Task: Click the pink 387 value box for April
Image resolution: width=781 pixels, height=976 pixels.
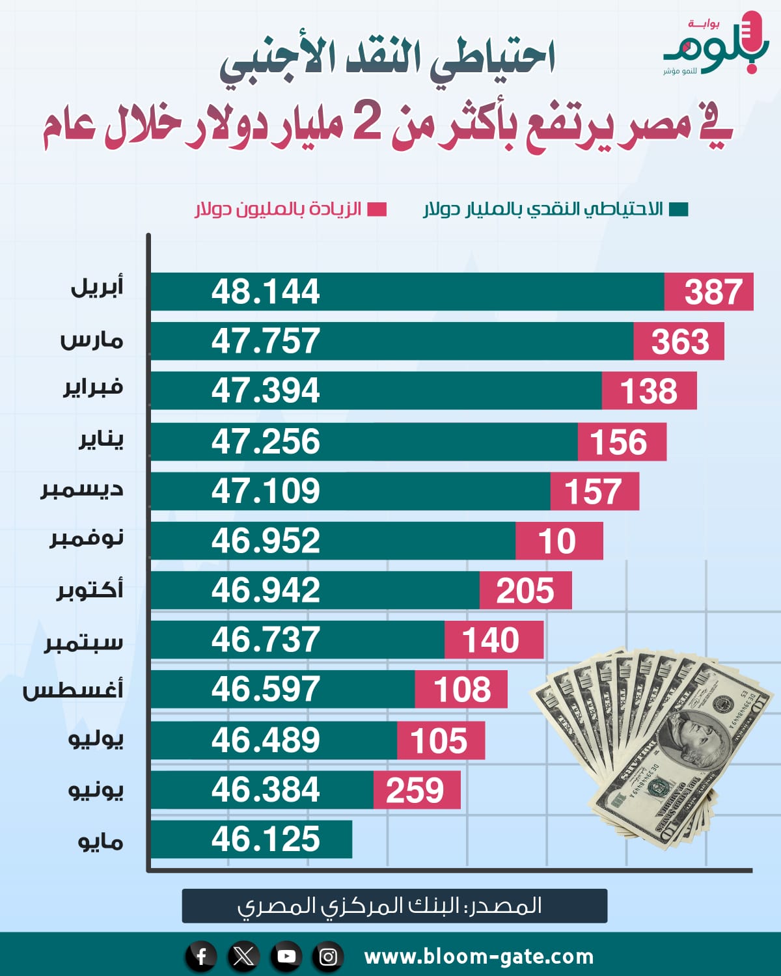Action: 709,291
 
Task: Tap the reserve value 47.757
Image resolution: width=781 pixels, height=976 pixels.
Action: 266,341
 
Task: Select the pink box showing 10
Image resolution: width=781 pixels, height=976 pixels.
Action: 558,541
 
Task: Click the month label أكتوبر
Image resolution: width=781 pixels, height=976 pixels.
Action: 90,590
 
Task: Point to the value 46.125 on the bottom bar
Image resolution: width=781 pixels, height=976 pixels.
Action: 266,839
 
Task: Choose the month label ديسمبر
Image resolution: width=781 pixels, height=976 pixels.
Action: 82,490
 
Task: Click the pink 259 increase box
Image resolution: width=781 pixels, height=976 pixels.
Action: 417,790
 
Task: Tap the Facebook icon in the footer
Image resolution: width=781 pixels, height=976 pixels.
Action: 201,956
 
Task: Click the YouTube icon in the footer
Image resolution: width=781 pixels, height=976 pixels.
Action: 286,956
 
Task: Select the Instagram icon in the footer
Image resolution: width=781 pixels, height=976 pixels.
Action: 329,956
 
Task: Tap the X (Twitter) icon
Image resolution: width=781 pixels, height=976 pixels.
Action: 243,956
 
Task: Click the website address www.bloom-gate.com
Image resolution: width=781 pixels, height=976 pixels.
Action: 478,956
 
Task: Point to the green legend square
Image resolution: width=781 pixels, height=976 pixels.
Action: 679,210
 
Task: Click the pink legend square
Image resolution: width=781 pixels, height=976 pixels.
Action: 377,210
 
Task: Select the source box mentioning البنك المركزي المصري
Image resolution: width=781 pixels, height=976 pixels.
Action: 394,906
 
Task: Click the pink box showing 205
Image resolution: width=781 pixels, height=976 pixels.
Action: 525,591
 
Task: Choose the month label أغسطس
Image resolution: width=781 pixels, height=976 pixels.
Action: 73,690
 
